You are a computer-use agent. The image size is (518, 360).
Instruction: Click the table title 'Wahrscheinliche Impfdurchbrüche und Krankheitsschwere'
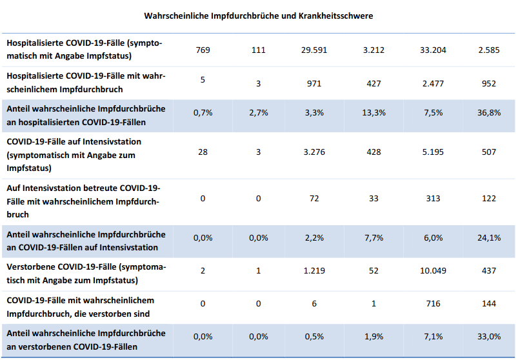(x=258, y=15)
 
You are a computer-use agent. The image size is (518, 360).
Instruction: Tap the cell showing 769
(x=203, y=50)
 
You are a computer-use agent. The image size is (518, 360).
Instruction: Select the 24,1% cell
(x=488, y=237)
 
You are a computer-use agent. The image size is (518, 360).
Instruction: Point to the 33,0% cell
(x=488, y=337)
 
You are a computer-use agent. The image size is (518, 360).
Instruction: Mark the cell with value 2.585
(x=488, y=50)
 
